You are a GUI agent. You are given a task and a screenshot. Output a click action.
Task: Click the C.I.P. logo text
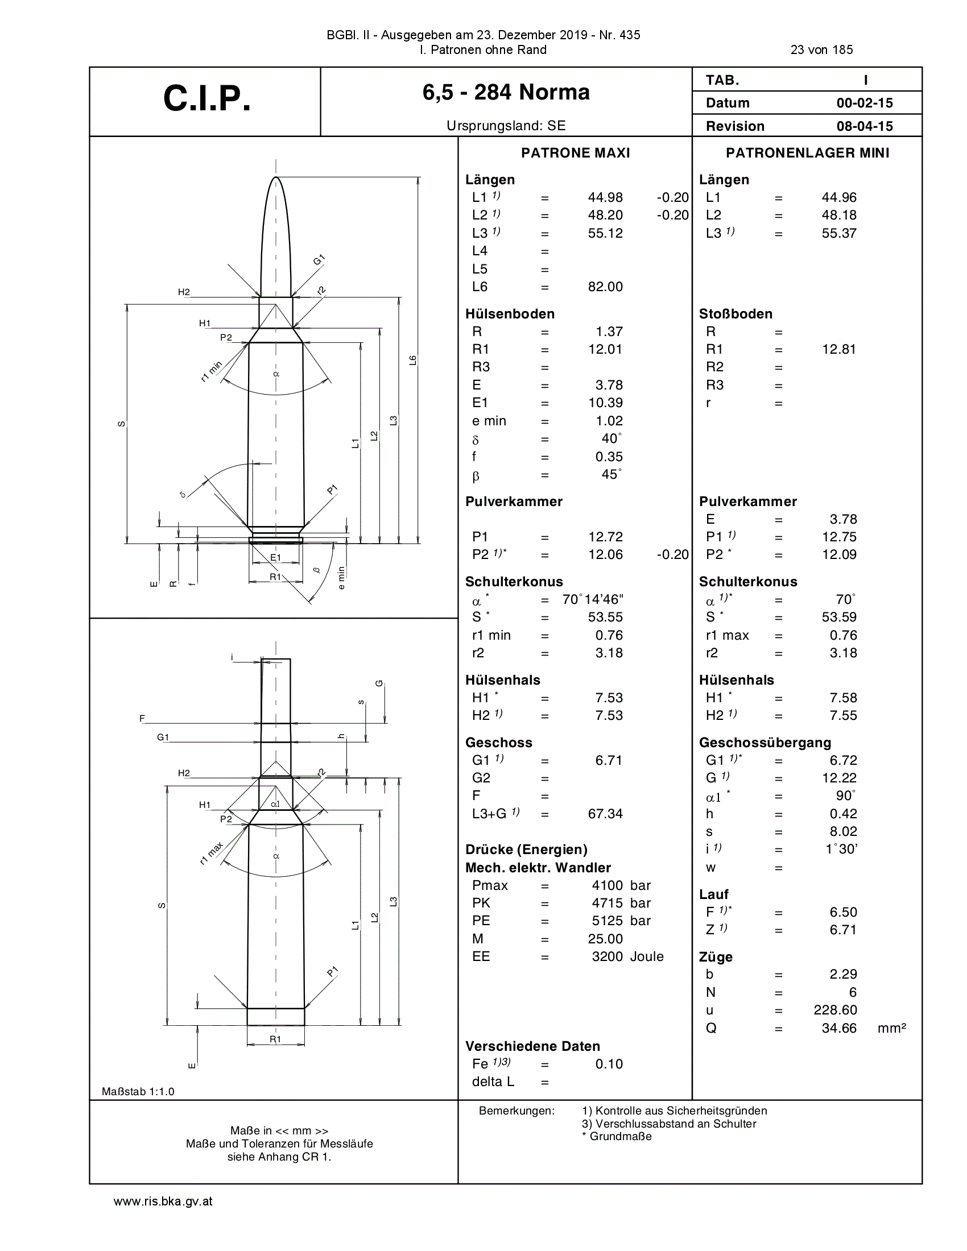(207, 98)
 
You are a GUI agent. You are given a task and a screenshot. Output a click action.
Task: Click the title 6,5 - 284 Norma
(506, 92)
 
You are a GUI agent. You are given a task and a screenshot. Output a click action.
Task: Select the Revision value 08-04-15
(865, 126)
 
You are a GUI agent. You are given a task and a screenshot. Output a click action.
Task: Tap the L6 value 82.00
(605, 287)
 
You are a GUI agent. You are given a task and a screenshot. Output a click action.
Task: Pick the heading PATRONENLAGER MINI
(807, 153)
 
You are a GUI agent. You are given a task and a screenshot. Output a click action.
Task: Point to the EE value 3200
(608, 956)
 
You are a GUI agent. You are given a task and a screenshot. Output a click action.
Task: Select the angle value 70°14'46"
(593, 599)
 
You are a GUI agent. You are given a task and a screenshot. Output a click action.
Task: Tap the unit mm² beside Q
(891, 1028)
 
